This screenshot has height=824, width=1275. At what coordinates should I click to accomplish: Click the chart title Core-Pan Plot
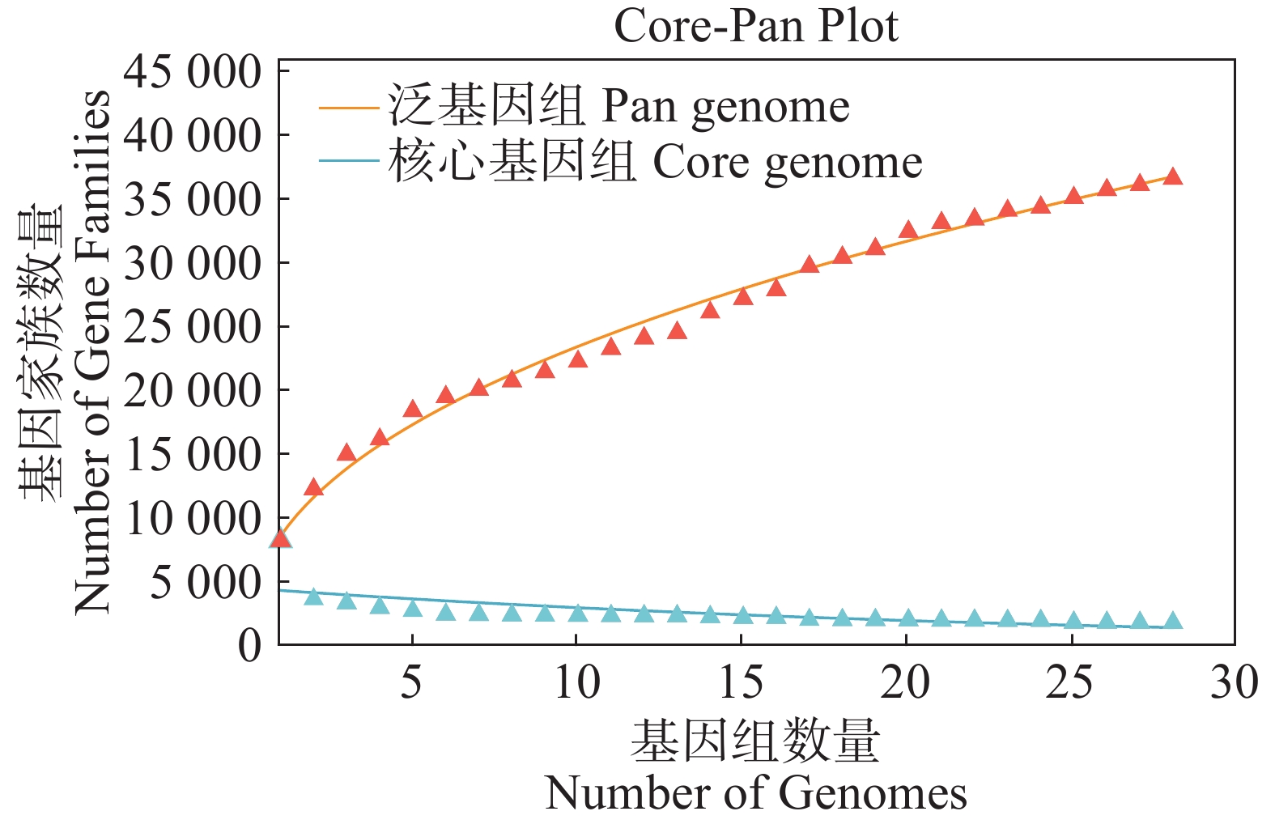(755, 26)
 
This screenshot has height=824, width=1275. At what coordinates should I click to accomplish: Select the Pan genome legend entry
(618, 106)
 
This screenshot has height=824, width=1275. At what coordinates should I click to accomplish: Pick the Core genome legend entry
(655, 162)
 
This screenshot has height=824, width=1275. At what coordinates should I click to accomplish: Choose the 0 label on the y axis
(250, 645)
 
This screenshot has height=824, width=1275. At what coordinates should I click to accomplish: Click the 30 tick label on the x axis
(1234, 682)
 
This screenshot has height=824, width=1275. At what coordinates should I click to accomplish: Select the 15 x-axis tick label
(741, 682)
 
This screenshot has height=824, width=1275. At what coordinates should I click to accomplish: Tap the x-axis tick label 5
(411, 682)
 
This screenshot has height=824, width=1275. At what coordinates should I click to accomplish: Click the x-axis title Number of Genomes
(755, 792)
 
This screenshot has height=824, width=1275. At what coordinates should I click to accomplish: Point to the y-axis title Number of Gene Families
(91, 352)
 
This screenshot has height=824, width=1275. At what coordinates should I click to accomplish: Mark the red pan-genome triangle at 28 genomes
(1172, 177)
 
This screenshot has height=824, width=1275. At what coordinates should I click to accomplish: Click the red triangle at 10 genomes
(577, 359)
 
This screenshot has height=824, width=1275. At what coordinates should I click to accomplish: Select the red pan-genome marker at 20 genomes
(907, 230)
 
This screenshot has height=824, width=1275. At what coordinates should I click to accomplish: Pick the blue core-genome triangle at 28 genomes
(1172, 622)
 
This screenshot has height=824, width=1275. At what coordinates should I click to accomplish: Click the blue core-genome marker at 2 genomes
(313, 597)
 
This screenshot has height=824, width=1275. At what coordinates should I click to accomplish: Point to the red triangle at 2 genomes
(313, 487)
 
